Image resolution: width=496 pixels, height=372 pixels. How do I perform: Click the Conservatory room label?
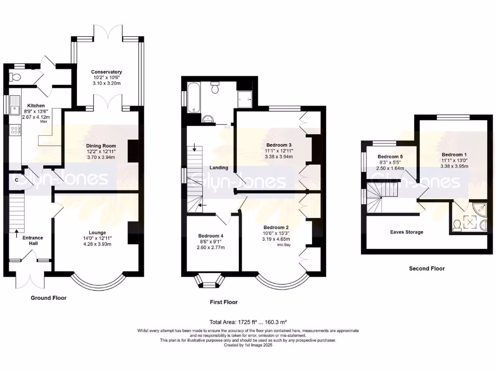(106, 72)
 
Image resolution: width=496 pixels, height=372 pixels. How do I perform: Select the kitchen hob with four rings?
(15, 130)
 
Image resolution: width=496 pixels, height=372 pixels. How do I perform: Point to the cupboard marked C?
(16, 180)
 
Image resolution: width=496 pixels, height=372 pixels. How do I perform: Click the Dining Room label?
(101, 145)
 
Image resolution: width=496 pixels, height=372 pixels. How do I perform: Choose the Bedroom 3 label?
(279, 145)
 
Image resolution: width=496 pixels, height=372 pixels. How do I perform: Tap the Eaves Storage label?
(406, 232)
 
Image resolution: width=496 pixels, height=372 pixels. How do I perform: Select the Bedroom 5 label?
(390, 156)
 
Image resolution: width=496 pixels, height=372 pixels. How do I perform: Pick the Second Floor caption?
(427, 268)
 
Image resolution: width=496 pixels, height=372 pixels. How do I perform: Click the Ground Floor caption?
(48, 298)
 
